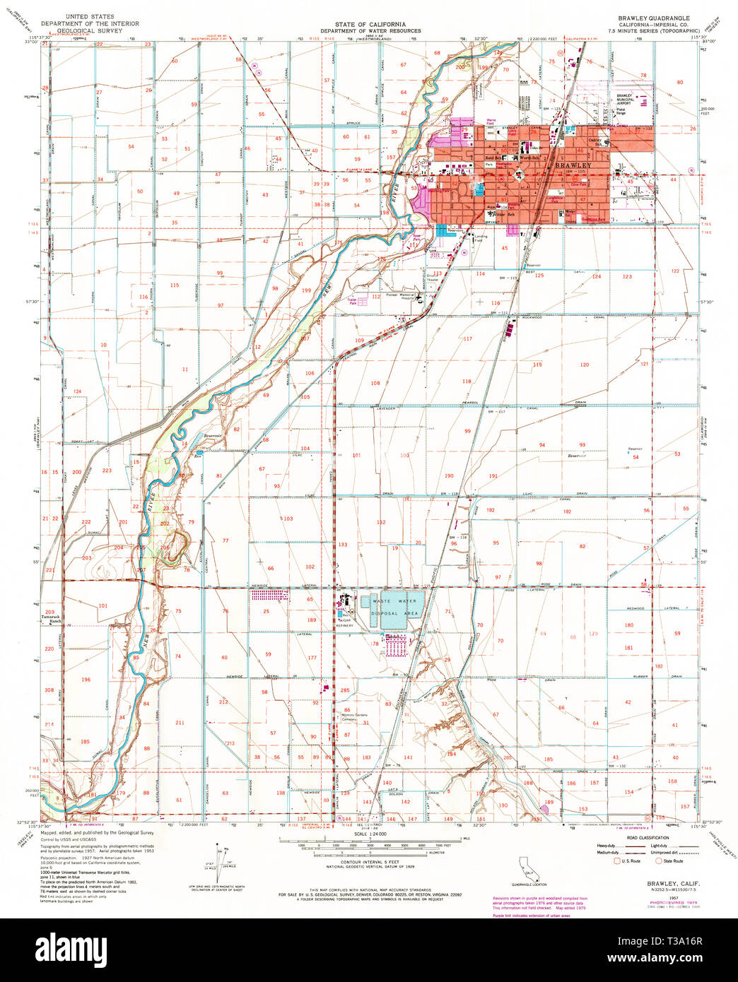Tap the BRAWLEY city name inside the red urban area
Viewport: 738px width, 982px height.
tap(570, 165)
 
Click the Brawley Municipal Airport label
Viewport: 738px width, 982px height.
tap(624, 100)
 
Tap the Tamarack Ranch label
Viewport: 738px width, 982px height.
tap(49, 618)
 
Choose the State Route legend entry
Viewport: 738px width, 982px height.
tap(671, 861)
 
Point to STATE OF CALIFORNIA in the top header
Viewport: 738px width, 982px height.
tap(370, 24)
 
